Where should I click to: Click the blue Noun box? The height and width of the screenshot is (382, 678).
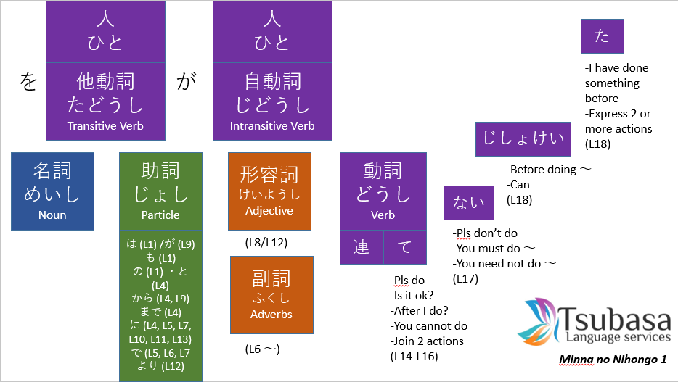[53, 191]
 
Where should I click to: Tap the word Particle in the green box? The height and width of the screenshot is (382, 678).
[160, 215]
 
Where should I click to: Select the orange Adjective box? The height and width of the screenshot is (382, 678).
[269, 191]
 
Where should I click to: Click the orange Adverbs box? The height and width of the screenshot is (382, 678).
[271, 294]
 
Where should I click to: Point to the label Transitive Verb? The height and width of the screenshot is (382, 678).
[105, 125]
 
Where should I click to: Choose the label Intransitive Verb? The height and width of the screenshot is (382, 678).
[272, 125]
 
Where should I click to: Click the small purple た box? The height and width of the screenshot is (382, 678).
[603, 36]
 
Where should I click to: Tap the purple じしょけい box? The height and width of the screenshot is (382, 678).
[518, 139]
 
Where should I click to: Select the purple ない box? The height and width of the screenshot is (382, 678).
[469, 203]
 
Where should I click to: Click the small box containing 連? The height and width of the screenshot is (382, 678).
[362, 247]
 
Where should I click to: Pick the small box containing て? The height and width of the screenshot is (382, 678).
[404, 247]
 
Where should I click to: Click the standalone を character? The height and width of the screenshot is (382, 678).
[28, 82]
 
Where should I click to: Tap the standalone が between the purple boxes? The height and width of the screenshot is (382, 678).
[187, 82]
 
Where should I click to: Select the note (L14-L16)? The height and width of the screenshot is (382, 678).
[414, 356]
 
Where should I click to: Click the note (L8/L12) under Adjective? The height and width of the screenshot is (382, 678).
[267, 242]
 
